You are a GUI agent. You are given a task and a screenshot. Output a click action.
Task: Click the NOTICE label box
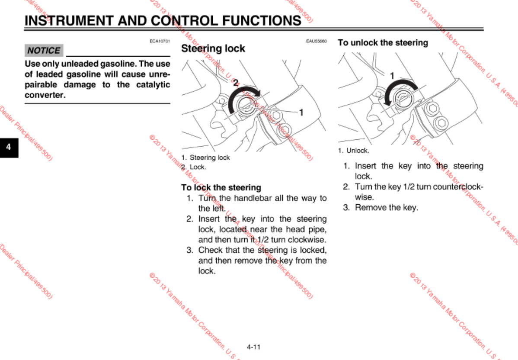(x=44, y=51)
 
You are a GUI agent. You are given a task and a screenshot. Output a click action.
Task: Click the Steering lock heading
(x=213, y=48)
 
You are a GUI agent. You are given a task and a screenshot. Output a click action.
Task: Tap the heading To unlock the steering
(x=383, y=43)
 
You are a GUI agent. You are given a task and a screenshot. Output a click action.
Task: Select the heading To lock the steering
(x=221, y=187)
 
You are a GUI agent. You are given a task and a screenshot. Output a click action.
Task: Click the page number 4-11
(x=253, y=347)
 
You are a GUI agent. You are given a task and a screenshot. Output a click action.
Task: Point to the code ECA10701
(x=160, y=41)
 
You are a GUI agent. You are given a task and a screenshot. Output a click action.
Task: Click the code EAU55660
(x=317, y=41)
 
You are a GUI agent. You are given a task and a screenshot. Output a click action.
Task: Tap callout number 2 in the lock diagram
(x=236, y=83)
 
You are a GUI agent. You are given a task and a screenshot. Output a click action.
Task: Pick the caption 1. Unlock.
(x=353, y=151)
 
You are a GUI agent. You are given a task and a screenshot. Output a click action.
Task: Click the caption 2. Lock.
(x=194, y=167)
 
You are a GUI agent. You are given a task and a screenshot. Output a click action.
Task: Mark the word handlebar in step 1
(x=252, y=198)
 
